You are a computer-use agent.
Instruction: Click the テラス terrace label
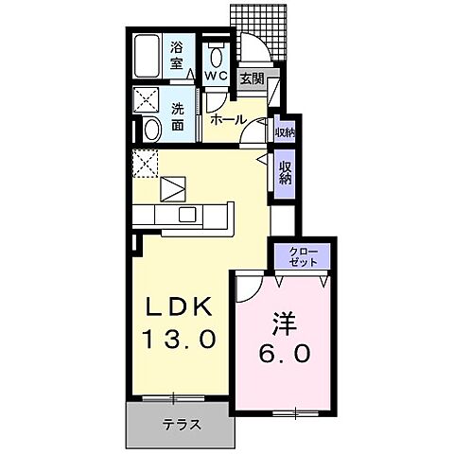(181, 425)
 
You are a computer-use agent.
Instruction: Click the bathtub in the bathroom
(147, 57)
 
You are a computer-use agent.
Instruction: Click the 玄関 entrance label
(251, 79)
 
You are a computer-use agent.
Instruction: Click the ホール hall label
(228, 119)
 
